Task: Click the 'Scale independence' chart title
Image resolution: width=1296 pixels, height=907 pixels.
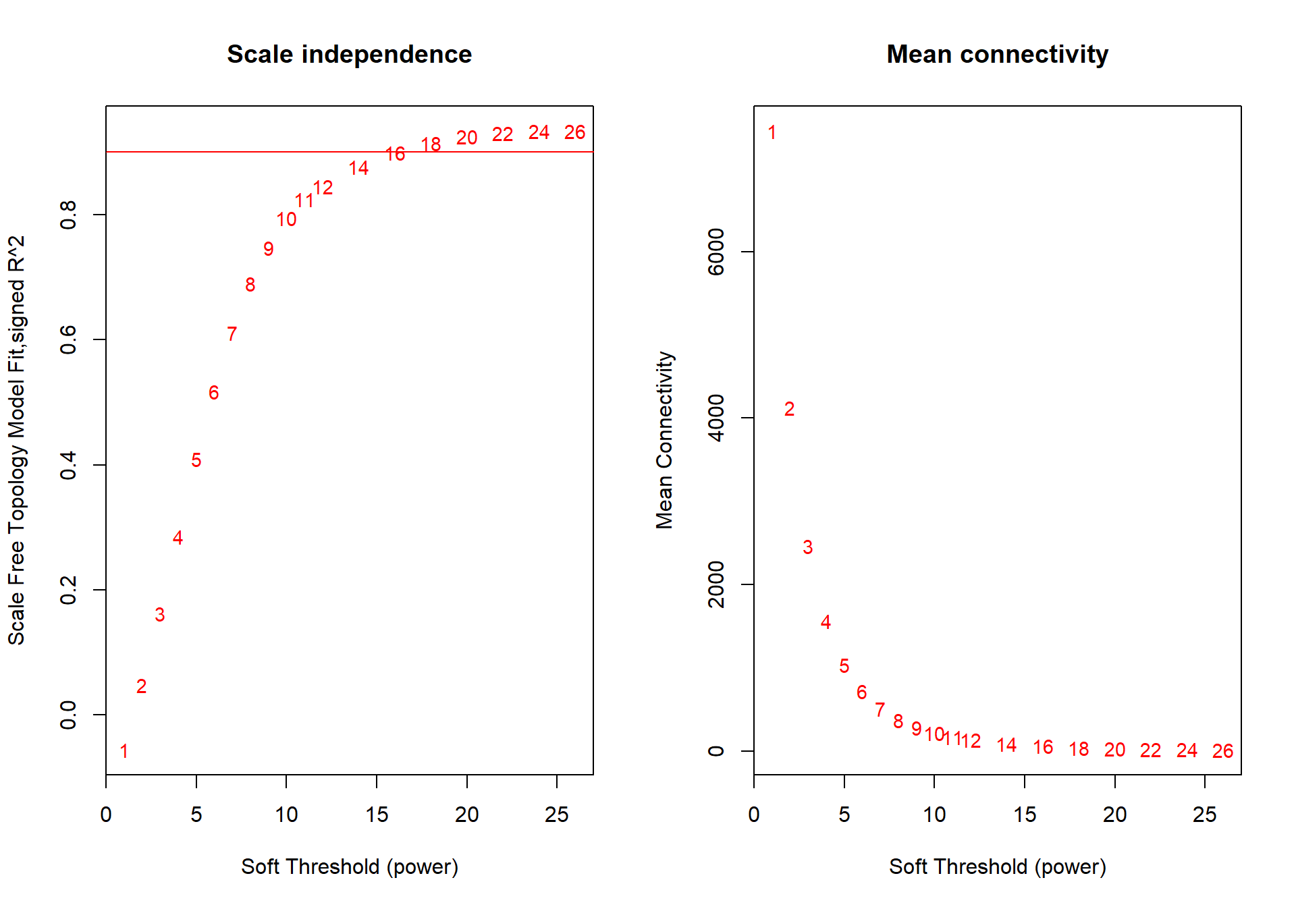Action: (x=349, y=55)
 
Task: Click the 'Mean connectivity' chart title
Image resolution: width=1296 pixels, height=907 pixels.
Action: (x=997, y=55)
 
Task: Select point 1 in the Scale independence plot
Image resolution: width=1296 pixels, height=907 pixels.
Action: (x=124, y=751)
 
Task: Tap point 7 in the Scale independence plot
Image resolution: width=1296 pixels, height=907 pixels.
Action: (x=232, y=334)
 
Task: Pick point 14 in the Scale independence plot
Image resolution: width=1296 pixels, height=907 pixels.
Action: (x=358, y=168)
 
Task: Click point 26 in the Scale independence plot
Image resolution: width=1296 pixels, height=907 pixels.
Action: (x=575, y=132)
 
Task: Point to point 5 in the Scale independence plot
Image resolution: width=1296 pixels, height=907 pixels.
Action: (x=196, y=460)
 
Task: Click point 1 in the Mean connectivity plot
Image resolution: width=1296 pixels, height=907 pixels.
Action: (x=772, y=132)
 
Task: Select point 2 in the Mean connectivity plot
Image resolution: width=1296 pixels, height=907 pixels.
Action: (x=790, y=409)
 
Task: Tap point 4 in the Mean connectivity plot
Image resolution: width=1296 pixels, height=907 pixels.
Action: (x=826, y=622)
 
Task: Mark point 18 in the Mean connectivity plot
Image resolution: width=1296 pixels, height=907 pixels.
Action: (x=1079, y=749)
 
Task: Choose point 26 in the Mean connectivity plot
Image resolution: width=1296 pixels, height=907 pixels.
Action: (x=1223, y=751)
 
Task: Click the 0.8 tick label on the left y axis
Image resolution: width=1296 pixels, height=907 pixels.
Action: (x=69, y=215)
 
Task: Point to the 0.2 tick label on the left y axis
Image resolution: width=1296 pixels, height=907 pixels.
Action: (x=69, y=590)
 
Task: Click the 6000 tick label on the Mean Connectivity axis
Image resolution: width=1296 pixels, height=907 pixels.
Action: (x=716, y=252)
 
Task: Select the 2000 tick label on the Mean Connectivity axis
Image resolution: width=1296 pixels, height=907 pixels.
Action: (x=716, y=584)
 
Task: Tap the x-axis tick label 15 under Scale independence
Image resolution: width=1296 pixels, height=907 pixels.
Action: (x=377, y=815)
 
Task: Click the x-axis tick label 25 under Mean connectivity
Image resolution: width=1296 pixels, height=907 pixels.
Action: (x=1205, y=815)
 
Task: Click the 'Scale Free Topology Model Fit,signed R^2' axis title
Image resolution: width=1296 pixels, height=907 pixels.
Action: (x=17, y=440)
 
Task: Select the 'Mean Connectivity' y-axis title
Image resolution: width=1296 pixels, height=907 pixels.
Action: (x=665, y=440)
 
